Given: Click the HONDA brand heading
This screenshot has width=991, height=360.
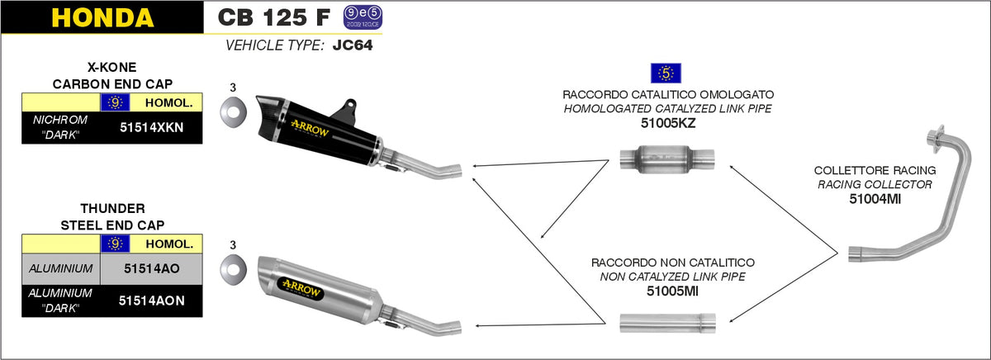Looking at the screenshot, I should tap(102, 17).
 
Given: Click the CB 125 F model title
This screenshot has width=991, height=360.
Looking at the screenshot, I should tap(270, 17).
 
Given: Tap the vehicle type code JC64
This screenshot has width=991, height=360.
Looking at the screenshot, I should tap(352, 46).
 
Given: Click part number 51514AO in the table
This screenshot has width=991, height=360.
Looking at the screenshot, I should tap(150, 268).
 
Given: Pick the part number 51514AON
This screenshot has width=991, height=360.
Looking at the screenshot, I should tap(150, 301).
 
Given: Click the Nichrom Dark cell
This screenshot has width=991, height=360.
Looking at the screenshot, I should tap(60, 128).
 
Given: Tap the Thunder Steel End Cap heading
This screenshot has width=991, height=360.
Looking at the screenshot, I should tap(111, 216).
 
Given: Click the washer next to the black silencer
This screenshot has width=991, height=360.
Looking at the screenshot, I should tap(233, 110).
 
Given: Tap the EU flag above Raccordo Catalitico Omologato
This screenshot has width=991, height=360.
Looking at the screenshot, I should tap(666, 72).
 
